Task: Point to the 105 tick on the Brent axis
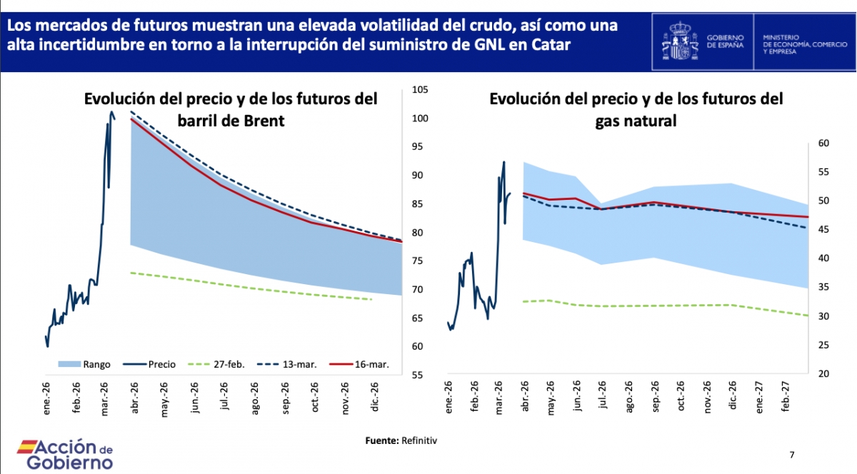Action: [419, 90]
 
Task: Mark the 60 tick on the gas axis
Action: [821, 143]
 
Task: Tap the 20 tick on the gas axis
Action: [821, 374]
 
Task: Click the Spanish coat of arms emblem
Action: [682, 39]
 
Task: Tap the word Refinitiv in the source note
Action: [419, 440]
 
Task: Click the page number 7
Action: [791, 454]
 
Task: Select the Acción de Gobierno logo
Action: [65, 454]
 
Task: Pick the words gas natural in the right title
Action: [636, 121]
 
